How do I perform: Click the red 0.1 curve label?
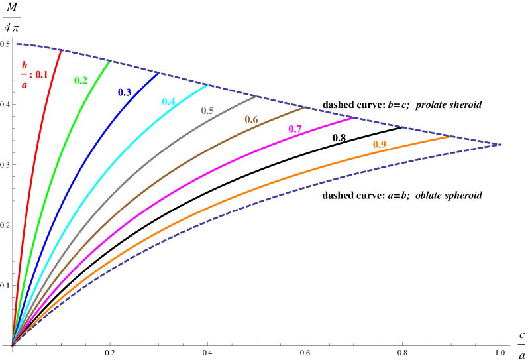coord(42,75)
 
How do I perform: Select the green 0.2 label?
coord(80,81)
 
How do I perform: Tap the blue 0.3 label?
coord(124,93)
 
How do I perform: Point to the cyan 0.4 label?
coord(168,102)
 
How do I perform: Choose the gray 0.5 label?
coord(207,111)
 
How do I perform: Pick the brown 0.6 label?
coord(251,120)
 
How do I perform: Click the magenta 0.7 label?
coord(295,129)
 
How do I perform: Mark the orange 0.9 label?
coord(380,145)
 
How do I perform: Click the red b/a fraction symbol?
coord(25,75)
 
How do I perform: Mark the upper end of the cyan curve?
coord(207,85)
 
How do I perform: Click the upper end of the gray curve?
coord(256,97)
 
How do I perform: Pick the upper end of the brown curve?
coord(305,107)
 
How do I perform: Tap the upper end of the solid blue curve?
coord(158,73)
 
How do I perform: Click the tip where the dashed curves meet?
coord(501,144)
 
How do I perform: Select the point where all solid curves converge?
coord(13,343)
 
